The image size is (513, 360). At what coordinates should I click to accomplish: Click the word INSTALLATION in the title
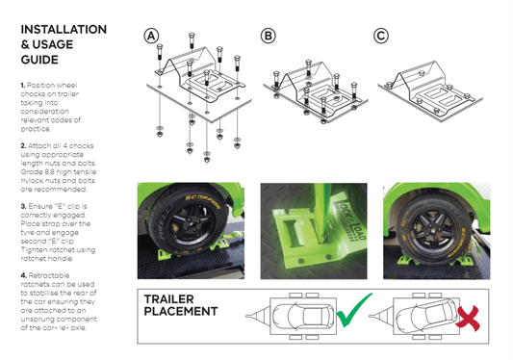point(64,30)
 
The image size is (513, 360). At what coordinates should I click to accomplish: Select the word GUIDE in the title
point(42,60)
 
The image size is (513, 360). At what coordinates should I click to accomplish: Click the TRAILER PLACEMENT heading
point(181,305)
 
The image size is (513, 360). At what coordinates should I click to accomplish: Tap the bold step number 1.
point(23,86)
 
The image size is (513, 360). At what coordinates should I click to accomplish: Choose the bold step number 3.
point(23,205)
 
